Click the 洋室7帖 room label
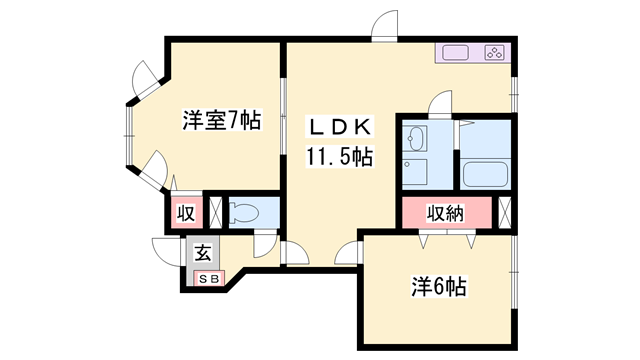click(222, 121)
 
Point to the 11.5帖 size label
click(339, 157)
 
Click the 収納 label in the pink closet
click(446, 213)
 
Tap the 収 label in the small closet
click(185, 213)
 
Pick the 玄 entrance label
click(201, 252)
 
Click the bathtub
click(486, 173)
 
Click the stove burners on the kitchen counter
click(497, 52)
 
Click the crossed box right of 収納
click(503, 213)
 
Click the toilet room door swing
click(265, 243)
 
